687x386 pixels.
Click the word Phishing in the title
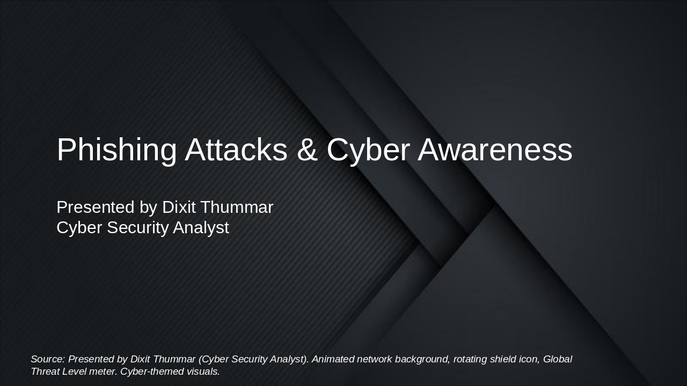116,150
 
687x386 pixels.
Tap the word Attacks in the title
236,150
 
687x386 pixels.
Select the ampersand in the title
307,150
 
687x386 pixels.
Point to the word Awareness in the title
495,150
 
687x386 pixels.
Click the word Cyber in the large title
368,150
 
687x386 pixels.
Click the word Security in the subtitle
137,227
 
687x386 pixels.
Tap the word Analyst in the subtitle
201,227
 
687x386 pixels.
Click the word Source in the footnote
47,359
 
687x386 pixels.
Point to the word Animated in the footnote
333,359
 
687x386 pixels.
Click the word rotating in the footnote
471,359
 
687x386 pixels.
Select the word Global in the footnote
558,359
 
